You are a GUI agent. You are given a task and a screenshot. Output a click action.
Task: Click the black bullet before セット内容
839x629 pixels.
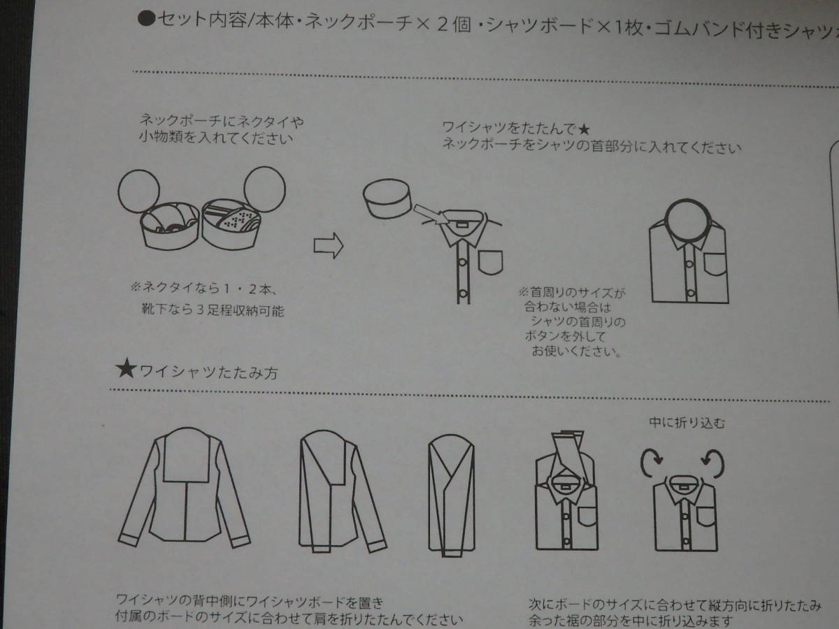click(x=146, y=19)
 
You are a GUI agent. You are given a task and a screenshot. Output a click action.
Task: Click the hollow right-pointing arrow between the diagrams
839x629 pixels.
click(x=329, y=245)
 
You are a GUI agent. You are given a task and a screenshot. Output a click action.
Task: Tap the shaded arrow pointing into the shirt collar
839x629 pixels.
click(x=431, y=215)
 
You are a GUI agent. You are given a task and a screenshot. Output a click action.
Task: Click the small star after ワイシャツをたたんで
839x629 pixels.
click(x=584, y=129)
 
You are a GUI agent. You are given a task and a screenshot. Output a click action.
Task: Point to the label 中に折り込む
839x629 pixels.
click(x=687, y=423)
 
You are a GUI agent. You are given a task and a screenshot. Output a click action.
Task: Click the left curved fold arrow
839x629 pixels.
click(x=651, y=463)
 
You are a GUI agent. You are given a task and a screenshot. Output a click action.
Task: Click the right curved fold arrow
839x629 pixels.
click(x=713, y=463)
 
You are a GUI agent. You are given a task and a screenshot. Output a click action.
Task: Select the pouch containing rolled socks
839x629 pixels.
click(x=170, y=226)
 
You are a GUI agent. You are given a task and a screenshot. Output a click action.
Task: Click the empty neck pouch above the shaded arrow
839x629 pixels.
click(x=387, y=204)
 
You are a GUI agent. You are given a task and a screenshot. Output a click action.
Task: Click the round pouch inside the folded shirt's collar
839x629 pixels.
click(x=688, y=219)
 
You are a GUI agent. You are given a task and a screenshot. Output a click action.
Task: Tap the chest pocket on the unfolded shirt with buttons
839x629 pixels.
click(x=490, y=262)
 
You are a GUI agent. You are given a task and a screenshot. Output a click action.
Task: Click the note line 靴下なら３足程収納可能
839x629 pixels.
click(x=213, y=310)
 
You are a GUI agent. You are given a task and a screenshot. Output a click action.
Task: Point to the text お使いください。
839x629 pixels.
click(x=577, y=351)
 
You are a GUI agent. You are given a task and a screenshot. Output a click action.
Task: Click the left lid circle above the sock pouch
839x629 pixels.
click(x=138, y=191)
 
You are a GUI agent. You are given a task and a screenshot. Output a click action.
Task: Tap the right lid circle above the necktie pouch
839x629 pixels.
click(x=264, y=189)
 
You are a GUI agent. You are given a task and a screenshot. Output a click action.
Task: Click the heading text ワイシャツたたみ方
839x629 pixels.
click(x=209, y=373)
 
